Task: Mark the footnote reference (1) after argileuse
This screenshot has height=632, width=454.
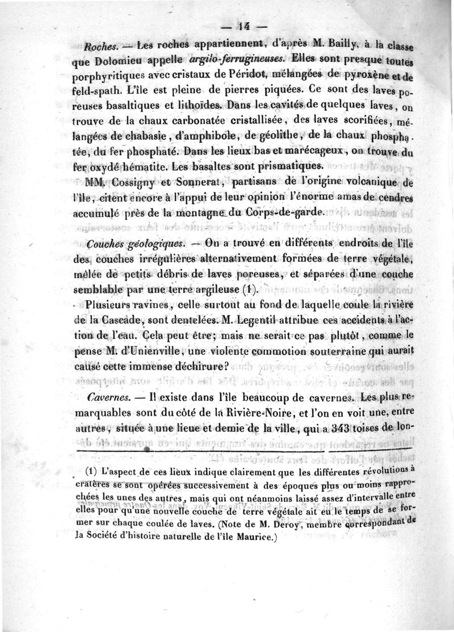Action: [x=250, y=289]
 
